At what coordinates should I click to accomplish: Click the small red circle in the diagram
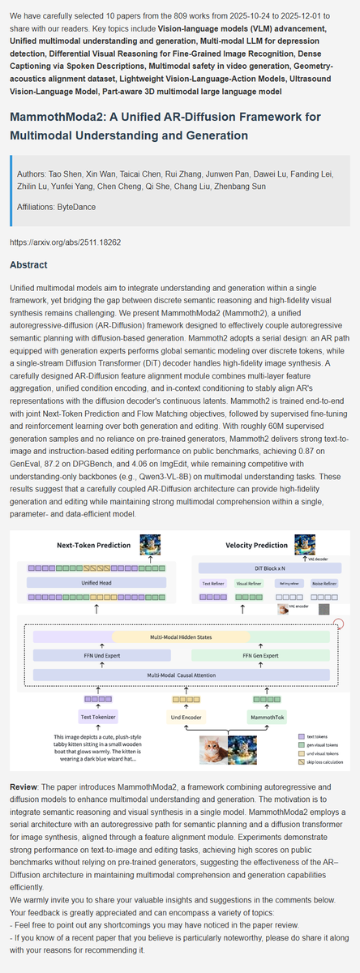point(338,624)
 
